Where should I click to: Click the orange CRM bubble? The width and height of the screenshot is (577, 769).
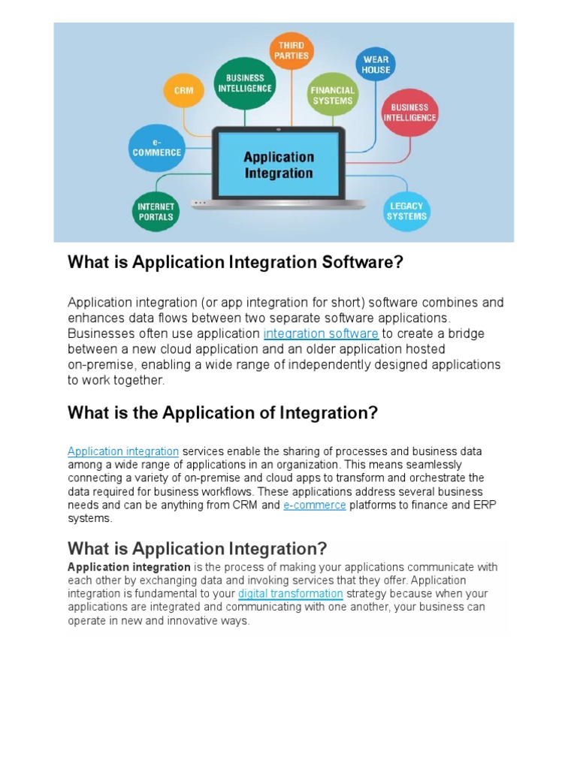[x=183, y=91]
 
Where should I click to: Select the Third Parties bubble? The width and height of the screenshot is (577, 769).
[x=292, y=51]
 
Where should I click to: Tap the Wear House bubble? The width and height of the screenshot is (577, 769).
[x=376, y=65]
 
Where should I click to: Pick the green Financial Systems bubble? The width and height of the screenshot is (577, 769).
[x=332, y=95]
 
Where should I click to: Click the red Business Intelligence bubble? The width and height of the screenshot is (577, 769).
[x=409, y=113]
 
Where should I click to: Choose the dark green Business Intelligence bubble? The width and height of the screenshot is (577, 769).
[x=244, y=83]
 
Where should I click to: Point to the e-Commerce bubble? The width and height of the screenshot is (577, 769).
[x=157, y=147]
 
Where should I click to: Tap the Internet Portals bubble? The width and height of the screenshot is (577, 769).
[x=156, y=211]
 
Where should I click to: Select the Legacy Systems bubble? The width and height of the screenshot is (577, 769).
[x=406, y=211]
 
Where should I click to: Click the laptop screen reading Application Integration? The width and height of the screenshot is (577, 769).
[x=278, y=165]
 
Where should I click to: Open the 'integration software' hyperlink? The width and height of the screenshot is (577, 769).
[x=321, y=333]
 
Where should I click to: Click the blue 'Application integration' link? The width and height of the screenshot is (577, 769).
[x=123, y=451]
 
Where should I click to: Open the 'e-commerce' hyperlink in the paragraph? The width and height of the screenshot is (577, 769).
[x=315, y=505]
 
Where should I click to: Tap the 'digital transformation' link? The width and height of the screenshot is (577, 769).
[x=290, y=594]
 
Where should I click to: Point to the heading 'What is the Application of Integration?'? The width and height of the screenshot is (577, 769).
[x=222, y=413]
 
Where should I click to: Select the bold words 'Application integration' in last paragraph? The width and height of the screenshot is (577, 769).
[x=129, y=567]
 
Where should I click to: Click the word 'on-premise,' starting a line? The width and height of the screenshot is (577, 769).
[x=101, y=365]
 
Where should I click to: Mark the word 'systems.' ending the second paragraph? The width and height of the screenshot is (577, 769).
[x=90, y=519]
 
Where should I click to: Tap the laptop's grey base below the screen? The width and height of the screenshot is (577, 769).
[x=278, y=204]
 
